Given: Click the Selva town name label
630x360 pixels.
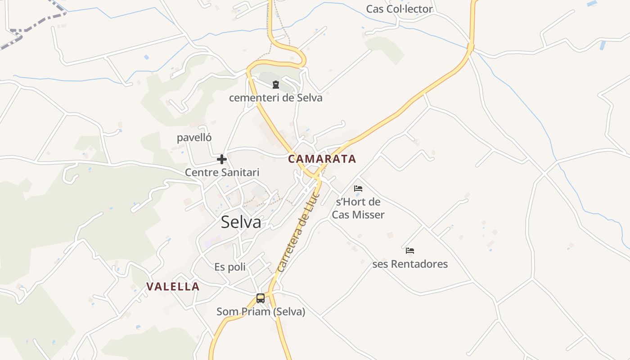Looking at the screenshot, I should pos(241,222).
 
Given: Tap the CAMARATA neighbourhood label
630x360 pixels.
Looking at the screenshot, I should pos(322,159).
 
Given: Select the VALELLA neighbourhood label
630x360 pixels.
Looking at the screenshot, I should pos(173,287).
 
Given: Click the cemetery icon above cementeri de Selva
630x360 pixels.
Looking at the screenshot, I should pos(276,84).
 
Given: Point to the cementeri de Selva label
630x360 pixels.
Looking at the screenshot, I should pos(275,98).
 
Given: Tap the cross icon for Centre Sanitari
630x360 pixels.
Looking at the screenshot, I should pos(221,159).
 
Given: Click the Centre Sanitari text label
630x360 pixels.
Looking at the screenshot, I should pos(222,172).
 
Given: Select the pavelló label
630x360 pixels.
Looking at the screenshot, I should pos(194,138).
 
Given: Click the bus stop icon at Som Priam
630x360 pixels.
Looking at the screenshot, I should pos(260,298).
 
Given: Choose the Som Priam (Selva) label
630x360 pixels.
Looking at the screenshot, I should pos(261,311).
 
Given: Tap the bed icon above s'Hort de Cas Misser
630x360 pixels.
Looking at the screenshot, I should pos(358,189).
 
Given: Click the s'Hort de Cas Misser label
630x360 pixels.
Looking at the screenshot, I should pos(358,208).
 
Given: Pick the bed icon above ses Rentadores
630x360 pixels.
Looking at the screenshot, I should pos(409,251).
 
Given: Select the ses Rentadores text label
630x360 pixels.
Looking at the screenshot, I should pos(410,264).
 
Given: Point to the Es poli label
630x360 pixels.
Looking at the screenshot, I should pos(230,267).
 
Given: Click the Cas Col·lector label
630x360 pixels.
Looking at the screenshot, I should pos(399,9).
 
